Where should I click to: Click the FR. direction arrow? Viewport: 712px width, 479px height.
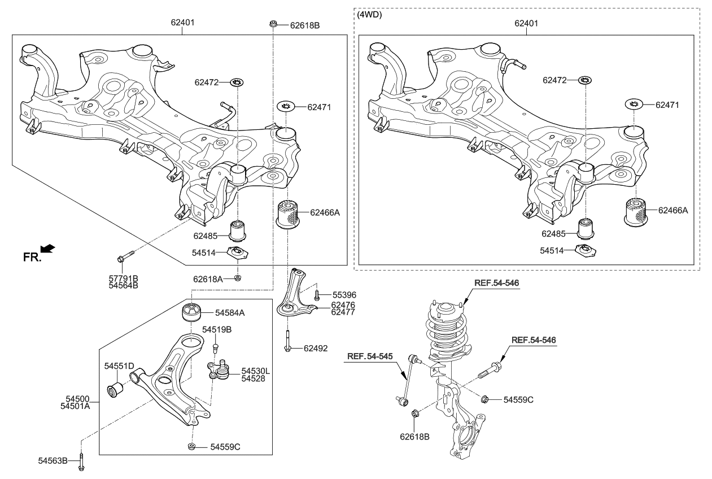click(49, 248)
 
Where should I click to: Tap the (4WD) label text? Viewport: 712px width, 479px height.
click(370, 15)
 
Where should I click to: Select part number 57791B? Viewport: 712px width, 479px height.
click(124, 278)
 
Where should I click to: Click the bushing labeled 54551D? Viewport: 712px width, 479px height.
click(116, 390)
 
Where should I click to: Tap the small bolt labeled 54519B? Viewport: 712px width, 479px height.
click(216, 345)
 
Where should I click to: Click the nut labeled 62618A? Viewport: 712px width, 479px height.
click(238, 278)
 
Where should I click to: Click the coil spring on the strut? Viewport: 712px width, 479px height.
click(446, 333)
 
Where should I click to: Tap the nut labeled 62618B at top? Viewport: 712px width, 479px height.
click(273, 24)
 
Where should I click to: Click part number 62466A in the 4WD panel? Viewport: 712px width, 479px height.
click(673, 210)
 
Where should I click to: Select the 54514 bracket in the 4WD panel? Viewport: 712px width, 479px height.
click(585, 250)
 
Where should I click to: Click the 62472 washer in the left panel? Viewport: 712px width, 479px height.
click(238, 83)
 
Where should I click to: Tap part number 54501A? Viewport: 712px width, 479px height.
click(75, 406)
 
